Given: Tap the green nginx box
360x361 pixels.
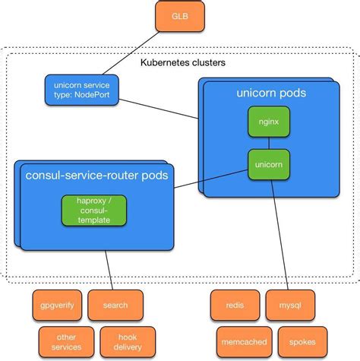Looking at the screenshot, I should (x=268, y=122).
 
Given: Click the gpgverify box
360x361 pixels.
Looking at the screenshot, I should (x=57, y=305).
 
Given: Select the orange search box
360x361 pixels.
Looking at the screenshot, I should (x=109, y=305).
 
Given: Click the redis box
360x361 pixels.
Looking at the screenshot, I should (x=235, y=305).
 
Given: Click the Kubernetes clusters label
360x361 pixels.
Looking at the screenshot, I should (x=182, y=63).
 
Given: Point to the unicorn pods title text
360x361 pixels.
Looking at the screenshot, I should (x=271, y=93).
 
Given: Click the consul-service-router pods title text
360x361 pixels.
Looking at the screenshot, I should (x=96, y=176).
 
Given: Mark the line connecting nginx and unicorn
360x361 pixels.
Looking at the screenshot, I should (x=268, y=142).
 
